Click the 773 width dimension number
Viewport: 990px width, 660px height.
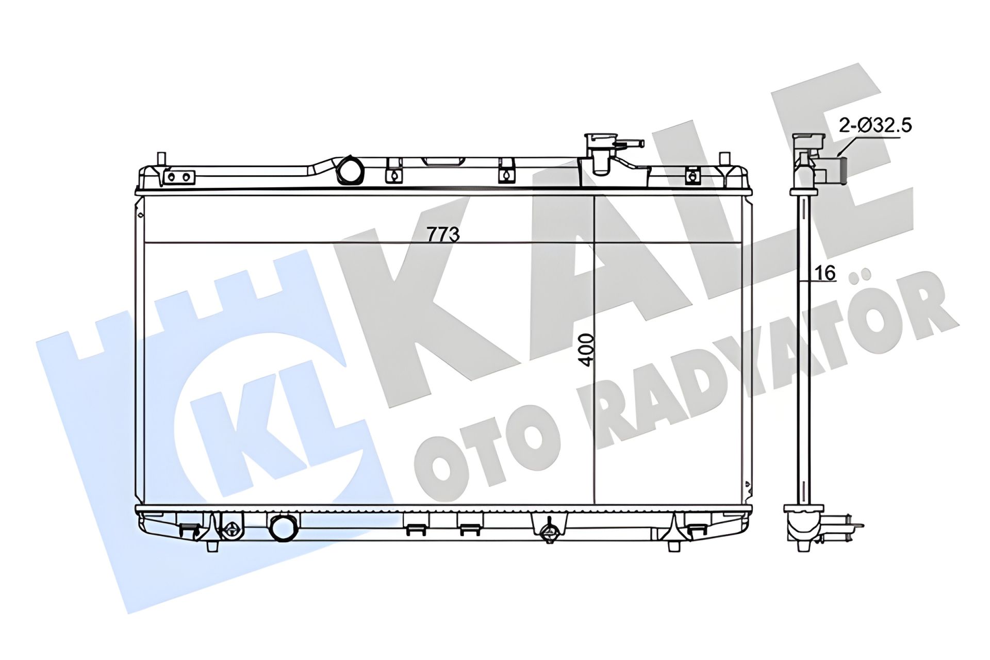pyautogui.click(x=443, y=234)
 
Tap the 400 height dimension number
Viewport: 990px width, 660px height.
pyautogui.click(x=586, y=350)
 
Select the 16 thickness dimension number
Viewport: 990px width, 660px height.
pyautogui.click(x=826, y=273)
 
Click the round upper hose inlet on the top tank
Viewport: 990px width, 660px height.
pyautogui.click(x=350, y=170)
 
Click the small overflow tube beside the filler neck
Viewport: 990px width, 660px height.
pyautogui.click(x=631, y=143)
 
